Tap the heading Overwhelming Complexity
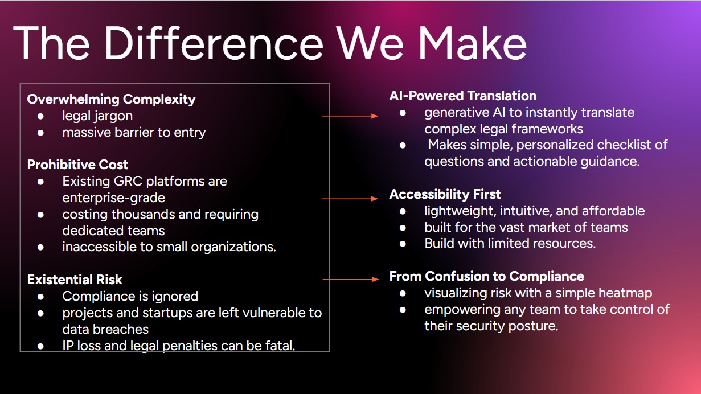(112, 99)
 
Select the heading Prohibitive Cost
(78, 165)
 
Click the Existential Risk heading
(75, 280)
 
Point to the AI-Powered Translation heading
(463, 96)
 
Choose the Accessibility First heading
(445, 194)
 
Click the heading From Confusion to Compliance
(487, 276)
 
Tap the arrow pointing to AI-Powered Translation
(350, 116)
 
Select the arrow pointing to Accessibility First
(350, 199)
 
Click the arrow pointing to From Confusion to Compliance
(350, 280)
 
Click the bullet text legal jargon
(97, 116)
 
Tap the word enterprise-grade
(114, 198)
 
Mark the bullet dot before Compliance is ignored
(41, 297)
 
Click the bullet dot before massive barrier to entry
(41, 133)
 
